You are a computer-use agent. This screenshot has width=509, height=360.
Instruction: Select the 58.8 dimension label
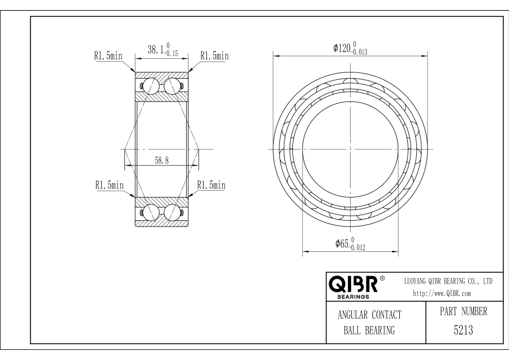click(162, 160)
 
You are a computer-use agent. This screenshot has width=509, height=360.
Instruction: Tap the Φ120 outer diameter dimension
click(350, 48)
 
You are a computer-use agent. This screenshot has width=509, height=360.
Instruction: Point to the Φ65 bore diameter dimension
click(350, 244)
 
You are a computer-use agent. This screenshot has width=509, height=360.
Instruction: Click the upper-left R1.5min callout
click(109, 56)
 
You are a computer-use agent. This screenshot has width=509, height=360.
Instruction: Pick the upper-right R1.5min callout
click(214, 56)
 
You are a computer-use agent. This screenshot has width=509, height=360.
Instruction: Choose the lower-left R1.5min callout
click(109, 185)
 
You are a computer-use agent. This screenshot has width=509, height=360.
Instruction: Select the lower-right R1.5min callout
click(212, 185)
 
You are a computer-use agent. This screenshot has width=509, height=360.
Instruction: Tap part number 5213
click(463, 330)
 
